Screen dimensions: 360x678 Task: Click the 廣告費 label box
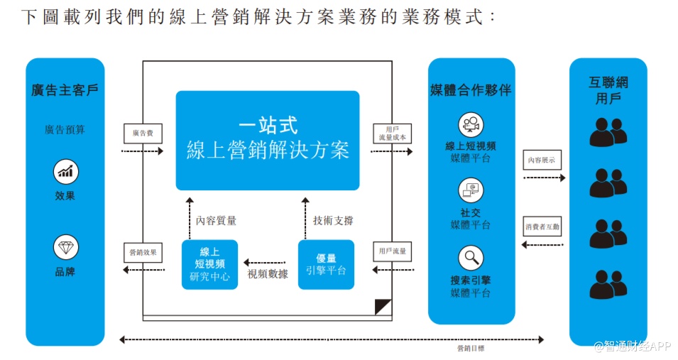143,132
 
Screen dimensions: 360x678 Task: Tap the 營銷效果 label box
143,252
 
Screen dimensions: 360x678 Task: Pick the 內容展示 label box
543,160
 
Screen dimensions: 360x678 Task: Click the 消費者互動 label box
543,227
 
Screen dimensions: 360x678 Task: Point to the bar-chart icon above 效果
65,171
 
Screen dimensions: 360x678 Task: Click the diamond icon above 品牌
65,247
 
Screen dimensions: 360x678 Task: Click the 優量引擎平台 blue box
326,264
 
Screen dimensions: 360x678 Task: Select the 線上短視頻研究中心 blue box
209,264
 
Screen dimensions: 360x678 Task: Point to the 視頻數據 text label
268,274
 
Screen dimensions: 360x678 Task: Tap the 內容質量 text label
217,221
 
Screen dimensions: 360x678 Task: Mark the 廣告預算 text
65,130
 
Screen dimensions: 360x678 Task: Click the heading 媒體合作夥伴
471,90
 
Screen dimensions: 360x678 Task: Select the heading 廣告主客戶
65,90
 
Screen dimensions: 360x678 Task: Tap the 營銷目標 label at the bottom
471,349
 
